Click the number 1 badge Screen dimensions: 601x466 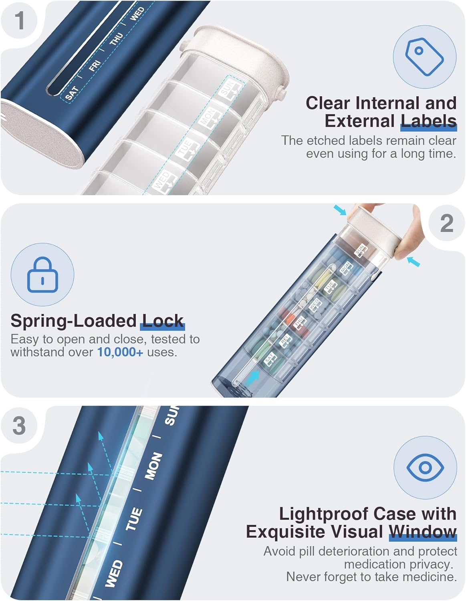[x=19, y=20]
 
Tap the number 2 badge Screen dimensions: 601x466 [x=446, y=224]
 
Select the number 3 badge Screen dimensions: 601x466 [x=19, y=426]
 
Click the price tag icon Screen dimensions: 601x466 [x=424, y=56]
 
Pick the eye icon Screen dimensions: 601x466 [x=425, y=467]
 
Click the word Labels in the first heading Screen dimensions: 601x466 [x=428, y=121]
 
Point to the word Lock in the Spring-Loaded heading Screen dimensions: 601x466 [x=163, y=321]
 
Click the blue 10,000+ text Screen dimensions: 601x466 [x=120, y=352]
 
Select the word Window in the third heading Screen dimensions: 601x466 [x=423, y=532]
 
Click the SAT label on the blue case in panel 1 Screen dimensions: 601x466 [x=72, y=93]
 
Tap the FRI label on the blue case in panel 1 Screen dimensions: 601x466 [x=95, y=65]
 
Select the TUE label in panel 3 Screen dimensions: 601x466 [x=134, y=519]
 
